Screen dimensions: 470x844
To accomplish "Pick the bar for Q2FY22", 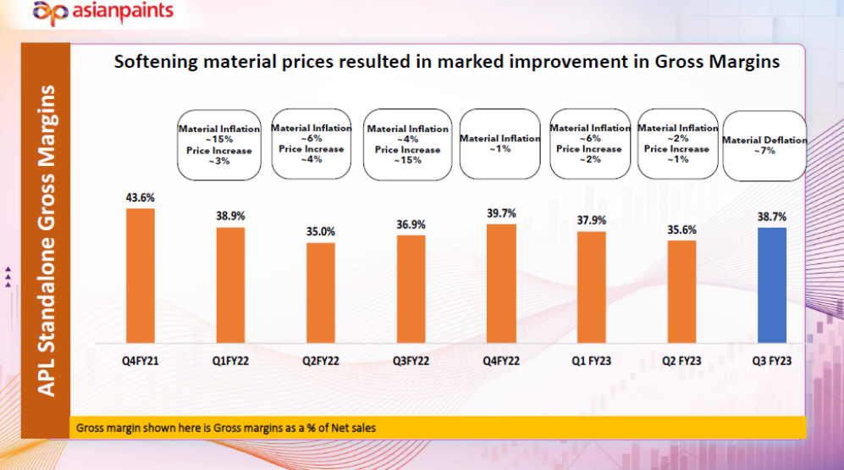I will [321, 292].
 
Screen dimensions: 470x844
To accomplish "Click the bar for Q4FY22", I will [501, 283].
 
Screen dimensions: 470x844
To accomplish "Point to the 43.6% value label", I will [141, 198].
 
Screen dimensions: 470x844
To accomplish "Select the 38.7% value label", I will [771, 217].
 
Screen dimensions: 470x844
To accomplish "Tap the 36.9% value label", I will [411, 224].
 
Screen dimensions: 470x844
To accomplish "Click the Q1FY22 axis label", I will [230, 361].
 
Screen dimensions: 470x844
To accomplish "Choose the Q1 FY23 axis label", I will [591, 361].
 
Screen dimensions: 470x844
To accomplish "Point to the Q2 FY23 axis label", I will [681, 361].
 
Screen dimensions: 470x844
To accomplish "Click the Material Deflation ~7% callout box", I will [764, 146].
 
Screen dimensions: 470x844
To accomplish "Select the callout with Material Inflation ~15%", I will [219, 144].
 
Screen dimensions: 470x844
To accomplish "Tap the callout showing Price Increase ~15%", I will [408, 144].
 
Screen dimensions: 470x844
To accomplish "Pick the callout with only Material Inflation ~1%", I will [499, 144].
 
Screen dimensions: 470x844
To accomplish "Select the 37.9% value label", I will [592, 220].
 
